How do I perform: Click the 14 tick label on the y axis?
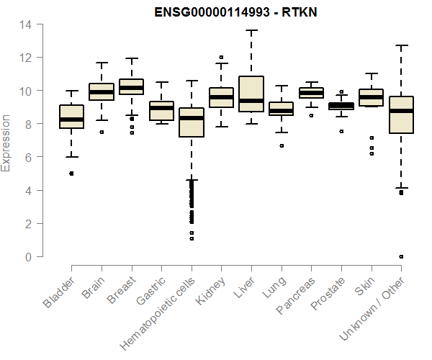coord(25,24)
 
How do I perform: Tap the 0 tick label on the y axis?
coord(28,257)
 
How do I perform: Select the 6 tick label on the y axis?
coord(28,157)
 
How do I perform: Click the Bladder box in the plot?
coord(71,117)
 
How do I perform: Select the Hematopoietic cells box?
coord(192,122)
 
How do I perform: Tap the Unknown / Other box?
coord(401,115)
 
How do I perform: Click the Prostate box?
coord(341,106)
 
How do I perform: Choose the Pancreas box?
coord(311,93)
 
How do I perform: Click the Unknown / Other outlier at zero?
coord(401,256)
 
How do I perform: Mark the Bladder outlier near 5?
coord(71,174)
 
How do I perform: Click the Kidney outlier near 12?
coord(221,57)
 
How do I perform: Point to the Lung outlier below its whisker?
coord(282,145)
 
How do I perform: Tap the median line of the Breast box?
coord(132,88)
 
